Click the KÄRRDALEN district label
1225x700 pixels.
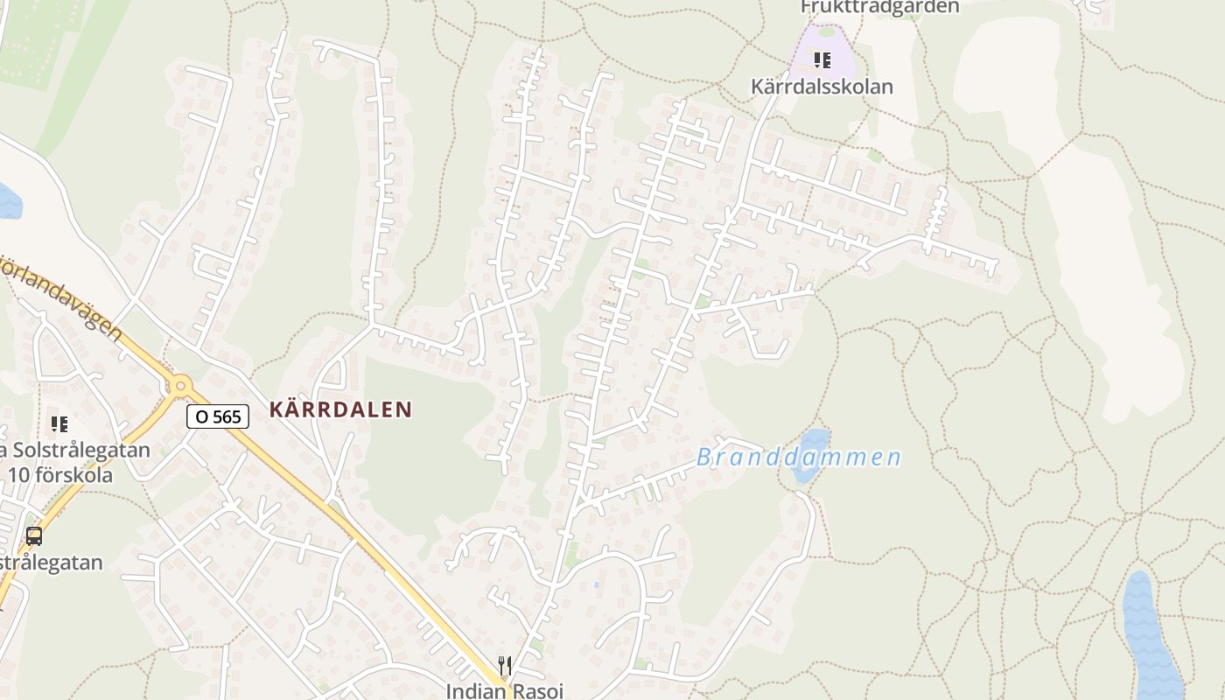coord(340,409)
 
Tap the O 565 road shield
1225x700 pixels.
coord(218,416)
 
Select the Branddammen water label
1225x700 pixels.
coord(799,458)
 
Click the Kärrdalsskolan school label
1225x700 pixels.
coord(822,87)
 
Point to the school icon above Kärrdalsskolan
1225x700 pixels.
coord(822,60)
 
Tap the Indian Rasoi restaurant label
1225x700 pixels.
coord(505,690)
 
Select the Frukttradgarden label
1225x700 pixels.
coord(879,7)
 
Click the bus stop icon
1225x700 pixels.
coord(34,536)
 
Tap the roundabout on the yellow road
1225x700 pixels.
coord(181,384)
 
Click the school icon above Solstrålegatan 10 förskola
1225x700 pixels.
coord(59,424)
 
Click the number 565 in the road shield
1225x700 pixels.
coord(227,416)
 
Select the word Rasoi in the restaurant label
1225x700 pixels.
coord(537,690)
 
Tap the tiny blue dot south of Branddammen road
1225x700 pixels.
coord(596,584)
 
